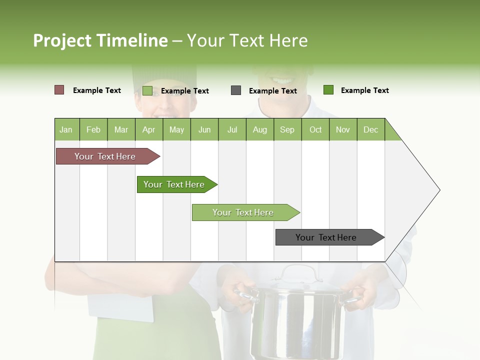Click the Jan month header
coord(66,129)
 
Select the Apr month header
coord(148,129)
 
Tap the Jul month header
coord(232,129)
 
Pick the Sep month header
coord(287,129)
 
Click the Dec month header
coord(370,129)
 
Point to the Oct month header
coord(315,129)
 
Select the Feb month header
coord(93,129)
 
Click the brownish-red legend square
coord(59,90)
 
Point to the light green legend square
coord(147,90)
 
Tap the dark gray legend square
coord(236,90)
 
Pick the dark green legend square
coord(328,90)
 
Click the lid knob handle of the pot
coord(299,272)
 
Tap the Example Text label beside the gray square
coord(272,91)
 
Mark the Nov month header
coord(342,129)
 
